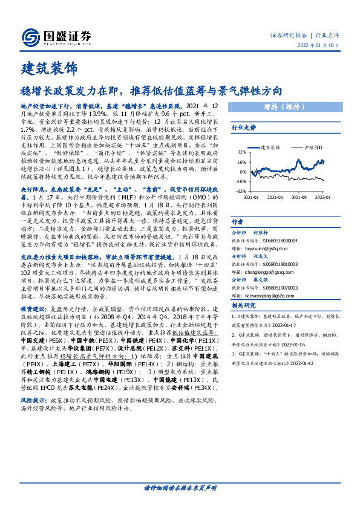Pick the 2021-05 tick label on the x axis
[x=276, y=197]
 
